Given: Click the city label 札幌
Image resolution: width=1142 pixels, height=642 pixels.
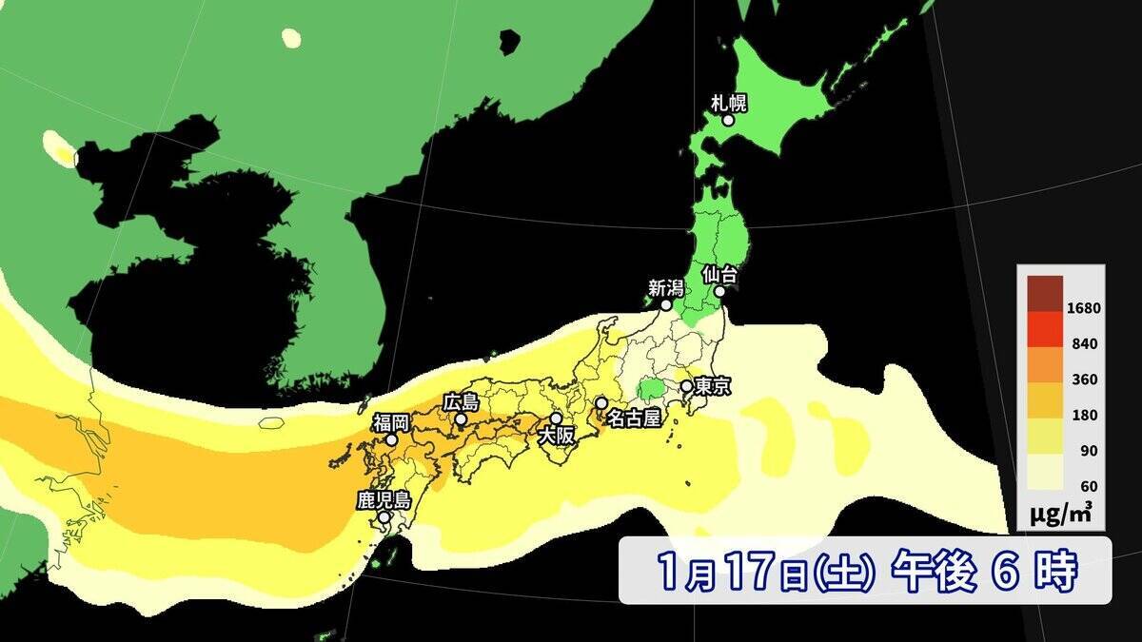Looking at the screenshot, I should tap(728, 102).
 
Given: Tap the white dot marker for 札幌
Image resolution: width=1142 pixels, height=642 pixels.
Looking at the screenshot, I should tap(728, 121).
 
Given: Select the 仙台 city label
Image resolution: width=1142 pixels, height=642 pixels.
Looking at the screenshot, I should tap(719, 274).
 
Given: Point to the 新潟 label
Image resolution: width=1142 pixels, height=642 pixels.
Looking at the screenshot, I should tap(666, 287).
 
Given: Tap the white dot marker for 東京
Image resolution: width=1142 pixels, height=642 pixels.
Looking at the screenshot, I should tap(686, 387).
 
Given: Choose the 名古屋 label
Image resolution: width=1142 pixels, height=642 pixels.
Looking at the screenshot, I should tap(633, 418).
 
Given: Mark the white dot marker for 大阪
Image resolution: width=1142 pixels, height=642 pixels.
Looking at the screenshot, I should tap(556, 418).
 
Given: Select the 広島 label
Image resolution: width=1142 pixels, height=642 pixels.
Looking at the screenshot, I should tap(462, 402).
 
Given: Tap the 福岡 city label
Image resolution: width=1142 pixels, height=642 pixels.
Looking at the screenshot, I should tap(390, 422).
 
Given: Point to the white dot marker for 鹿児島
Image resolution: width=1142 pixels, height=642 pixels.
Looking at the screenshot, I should tap(384, 518).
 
